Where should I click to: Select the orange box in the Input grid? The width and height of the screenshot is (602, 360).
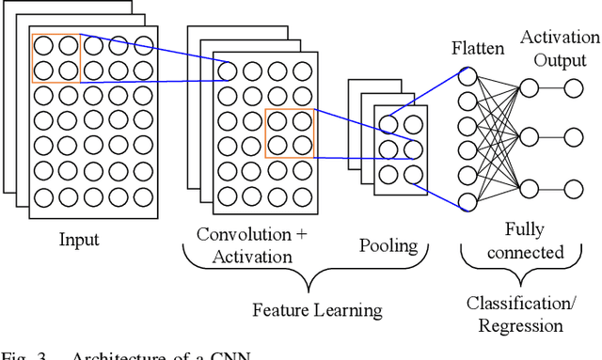pyautogui.click(x=55, y=57)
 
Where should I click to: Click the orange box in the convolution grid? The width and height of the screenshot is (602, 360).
pyautogui.click(x=289, y=132)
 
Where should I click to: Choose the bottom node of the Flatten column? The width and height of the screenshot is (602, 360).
pyautogui.click(x=467, y=199)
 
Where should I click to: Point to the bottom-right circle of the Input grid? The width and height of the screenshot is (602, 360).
pyautogui.click(x=142, y=197)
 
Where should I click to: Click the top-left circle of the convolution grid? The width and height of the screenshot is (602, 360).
pyautogui.click(x=229, y=70)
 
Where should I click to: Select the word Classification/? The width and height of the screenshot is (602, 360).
pyautogui.click(x=532, y=305)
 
